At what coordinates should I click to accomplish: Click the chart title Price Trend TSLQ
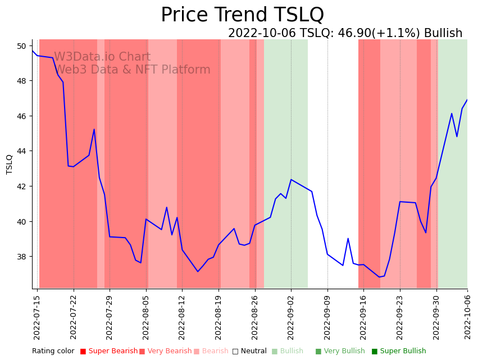point(242,15)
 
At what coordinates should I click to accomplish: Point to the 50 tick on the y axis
point(22,46)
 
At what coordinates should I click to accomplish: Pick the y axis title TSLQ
point(10,164)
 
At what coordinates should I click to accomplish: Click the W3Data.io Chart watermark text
point(102,57)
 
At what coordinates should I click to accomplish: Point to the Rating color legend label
point(53,352)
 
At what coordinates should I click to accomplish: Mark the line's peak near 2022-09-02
point(291,180)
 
